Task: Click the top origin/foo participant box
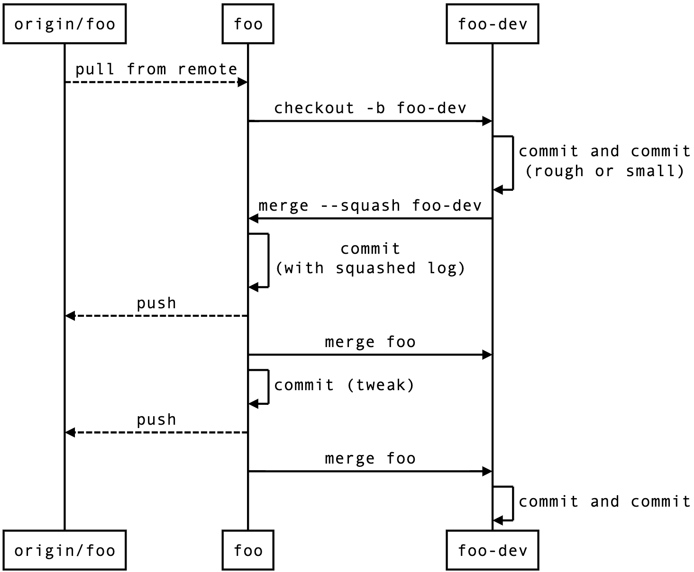click(x=64, y=24)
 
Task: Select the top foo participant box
click(x=248, y=24)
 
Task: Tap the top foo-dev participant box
click(x=492, y=24)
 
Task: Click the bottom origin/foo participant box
click(x=64, y=550)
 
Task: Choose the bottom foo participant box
click(x=248, y=550)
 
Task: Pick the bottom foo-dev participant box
click(x=492, y=550)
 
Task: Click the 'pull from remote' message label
click(x=156, y=69)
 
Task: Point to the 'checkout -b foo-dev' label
click(x=370, y=108)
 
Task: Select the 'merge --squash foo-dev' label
click(x=370, y=206)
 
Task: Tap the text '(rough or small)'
click(x=604, y=171)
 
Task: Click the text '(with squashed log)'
click(x=370, y=268)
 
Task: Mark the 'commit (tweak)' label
click(x=344, y=385)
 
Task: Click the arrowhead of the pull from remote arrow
click(x=243, y=82)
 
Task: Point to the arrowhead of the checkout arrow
click(x=487, y=121)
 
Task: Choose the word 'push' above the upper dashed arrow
click(x=156, y=303)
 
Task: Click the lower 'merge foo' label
click(x=370, y=458)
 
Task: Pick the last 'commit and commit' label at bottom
click(x=604, y=501)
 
